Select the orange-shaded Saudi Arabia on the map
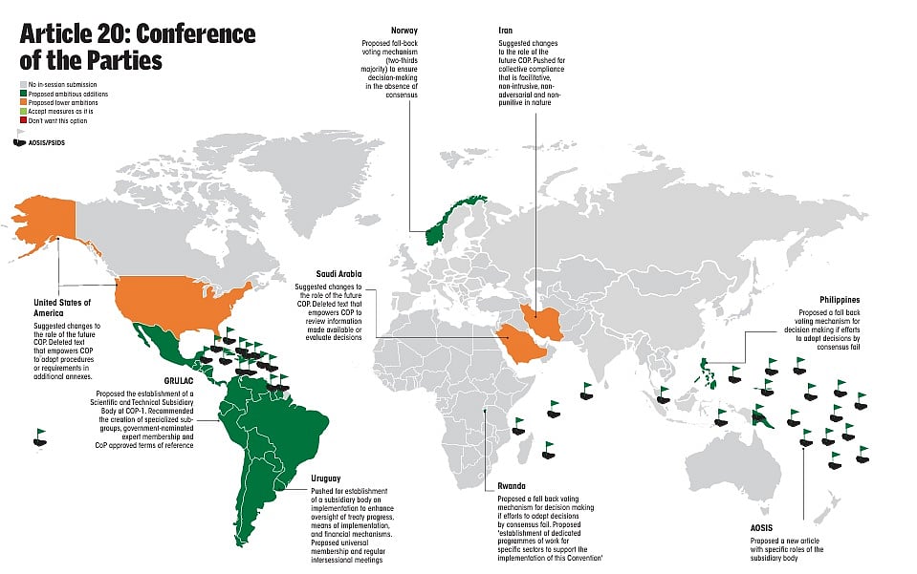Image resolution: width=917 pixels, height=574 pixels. click(520, 340)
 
